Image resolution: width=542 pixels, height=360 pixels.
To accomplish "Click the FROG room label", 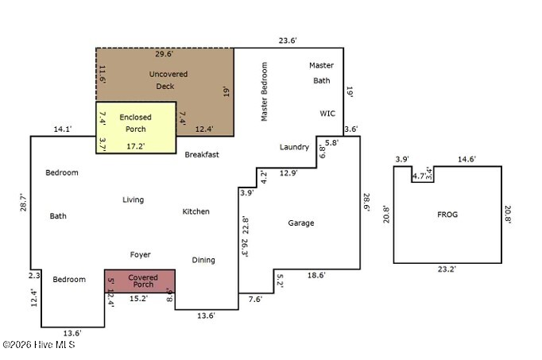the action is coord(447,215).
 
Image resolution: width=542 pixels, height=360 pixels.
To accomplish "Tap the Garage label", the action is coord(301,223).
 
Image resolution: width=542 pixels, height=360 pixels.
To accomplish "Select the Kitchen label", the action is coord(196,211).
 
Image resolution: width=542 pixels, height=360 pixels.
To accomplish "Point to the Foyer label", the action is coord(141,254).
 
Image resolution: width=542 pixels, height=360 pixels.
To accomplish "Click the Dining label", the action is coord(203,260).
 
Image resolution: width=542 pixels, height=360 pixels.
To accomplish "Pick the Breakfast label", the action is coord(202,155).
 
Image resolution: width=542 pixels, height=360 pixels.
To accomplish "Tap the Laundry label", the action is coord(294,147).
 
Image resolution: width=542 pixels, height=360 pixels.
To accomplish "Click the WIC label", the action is coord(327,114).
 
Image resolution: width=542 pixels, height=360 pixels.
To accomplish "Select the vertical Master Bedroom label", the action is coord(265,91).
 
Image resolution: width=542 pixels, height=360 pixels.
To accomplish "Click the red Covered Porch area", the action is coord(140,281).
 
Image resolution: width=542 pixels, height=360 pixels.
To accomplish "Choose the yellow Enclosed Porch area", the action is coord(136,127).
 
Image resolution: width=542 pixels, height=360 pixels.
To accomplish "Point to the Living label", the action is coord(133,199).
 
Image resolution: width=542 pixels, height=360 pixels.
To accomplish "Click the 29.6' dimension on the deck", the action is coord(165,54).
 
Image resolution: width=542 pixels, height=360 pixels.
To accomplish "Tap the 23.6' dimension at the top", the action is coord(288,41).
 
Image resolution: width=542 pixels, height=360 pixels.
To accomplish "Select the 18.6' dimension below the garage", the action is coord(316,275).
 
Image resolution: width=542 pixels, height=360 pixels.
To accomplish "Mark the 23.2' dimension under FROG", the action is coord(447,269).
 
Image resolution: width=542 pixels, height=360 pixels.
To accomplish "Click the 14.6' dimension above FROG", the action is coord(467,159).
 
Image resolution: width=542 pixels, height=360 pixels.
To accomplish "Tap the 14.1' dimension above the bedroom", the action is coord(63,130).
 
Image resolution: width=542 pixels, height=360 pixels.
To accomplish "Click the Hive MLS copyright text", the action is coord(39,344).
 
